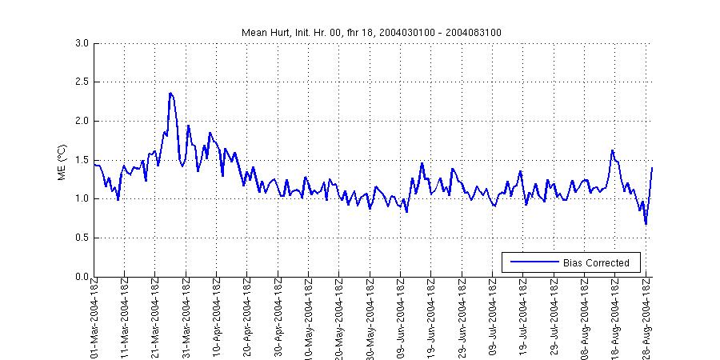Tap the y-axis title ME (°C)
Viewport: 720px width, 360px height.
pyautogui.click(x=62, y=160)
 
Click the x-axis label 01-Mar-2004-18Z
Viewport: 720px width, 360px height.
pyautogui.click(x=94, y=320)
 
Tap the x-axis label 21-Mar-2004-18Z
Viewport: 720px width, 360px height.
pyautogui.click(x=156, y=320)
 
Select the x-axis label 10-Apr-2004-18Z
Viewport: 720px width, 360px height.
pyautogui.click(x=217, y=320)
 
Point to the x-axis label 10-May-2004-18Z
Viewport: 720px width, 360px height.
pyautogui.click(x=309, y=320)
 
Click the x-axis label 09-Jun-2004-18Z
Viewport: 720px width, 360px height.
pyautogui.click(x=401, y=320)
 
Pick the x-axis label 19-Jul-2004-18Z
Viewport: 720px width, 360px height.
pyautogui.click(x=523, y=320)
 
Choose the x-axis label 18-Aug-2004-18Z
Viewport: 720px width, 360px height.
pyautogui.click(x=615, y=320)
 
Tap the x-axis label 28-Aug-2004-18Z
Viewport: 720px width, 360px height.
pyautogui.click(x=646, y=320)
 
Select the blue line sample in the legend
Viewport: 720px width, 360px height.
pyautogui.click(x=532, y=262)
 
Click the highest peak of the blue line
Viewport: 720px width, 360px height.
pyautogui.click(x=170, y=93)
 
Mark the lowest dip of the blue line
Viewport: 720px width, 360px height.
pyautogui.click(x=646, y=224)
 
